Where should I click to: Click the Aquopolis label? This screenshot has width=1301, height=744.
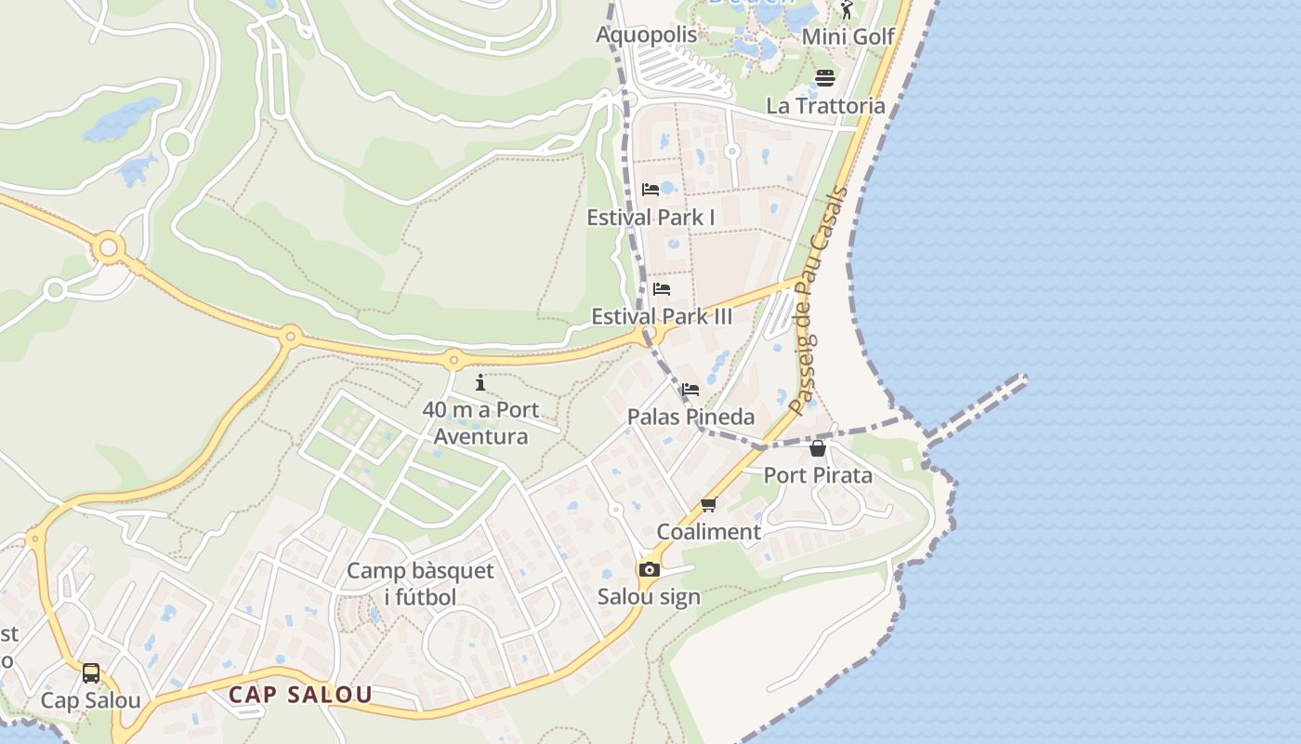tap(646, 35)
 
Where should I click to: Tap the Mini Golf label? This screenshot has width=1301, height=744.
tap(848, 36)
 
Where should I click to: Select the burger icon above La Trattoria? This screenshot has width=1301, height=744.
tap(825, 77)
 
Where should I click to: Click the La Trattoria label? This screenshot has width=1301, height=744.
tap(825, 105)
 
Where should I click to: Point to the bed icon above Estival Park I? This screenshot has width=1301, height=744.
tap(650, 190)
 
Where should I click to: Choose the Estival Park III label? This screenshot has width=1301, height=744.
tap(662, 316)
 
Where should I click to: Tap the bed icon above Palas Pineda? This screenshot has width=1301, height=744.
tap(690, 390)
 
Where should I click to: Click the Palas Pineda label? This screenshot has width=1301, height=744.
tap(690, 417)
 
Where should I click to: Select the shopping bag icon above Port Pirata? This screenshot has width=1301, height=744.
tap(818, 448)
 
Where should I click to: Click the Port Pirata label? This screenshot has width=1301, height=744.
tap(818, 475)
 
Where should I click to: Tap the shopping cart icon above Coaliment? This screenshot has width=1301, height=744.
tap(709, 504)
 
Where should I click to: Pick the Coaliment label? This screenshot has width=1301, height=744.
tap(709, 532)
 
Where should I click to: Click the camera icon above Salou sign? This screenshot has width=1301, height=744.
tap(649, 569)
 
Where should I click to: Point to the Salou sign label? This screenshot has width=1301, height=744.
tap(649, 596)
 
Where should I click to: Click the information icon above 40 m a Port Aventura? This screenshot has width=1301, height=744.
tap(480, 382)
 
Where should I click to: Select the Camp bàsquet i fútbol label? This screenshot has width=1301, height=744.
tap(420, 583)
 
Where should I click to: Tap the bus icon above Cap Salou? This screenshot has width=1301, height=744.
tap(91, 673)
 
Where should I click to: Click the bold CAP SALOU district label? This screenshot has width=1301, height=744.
tap(300, 695)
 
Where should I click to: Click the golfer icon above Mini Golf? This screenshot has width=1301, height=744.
tap(847, 10)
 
